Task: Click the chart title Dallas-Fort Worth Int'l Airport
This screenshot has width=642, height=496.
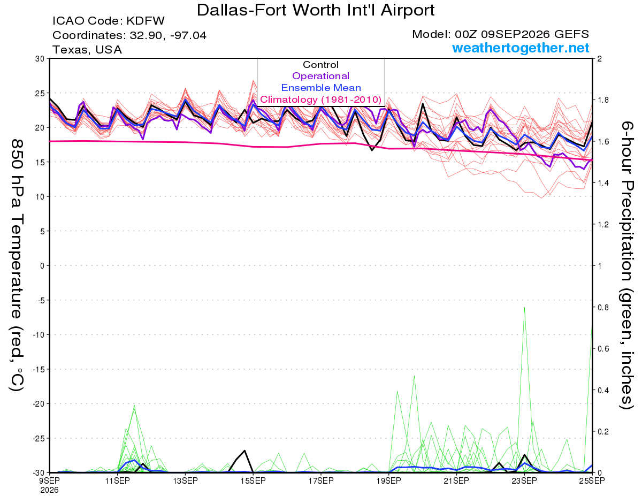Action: coord(316,10)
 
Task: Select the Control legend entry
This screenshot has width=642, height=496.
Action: coord(320,65)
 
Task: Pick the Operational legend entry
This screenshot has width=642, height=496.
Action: coord(320,76)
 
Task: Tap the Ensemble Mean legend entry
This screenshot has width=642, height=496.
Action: coord(321,88)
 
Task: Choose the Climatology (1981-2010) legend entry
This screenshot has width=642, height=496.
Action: coord(320,100)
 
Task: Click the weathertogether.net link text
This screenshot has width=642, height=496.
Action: coord(521,48)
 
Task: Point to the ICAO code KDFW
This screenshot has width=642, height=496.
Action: coord(146,21)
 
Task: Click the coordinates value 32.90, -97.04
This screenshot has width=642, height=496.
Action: coord(168,35)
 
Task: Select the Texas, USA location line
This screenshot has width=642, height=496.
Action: coord(87,50)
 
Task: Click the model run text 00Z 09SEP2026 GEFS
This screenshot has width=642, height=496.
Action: coord(522,34)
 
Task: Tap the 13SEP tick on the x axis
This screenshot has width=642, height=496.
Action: coord(185,481)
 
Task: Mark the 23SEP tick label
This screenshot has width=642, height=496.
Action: coord(524,481)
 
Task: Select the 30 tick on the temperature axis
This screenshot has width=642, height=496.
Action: coord(40,59)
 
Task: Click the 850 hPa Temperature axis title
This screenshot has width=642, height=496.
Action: coord(17,265)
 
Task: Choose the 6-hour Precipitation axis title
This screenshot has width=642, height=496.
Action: coord(626,265)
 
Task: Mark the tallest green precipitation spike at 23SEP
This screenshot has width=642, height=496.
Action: coord(524,308)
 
